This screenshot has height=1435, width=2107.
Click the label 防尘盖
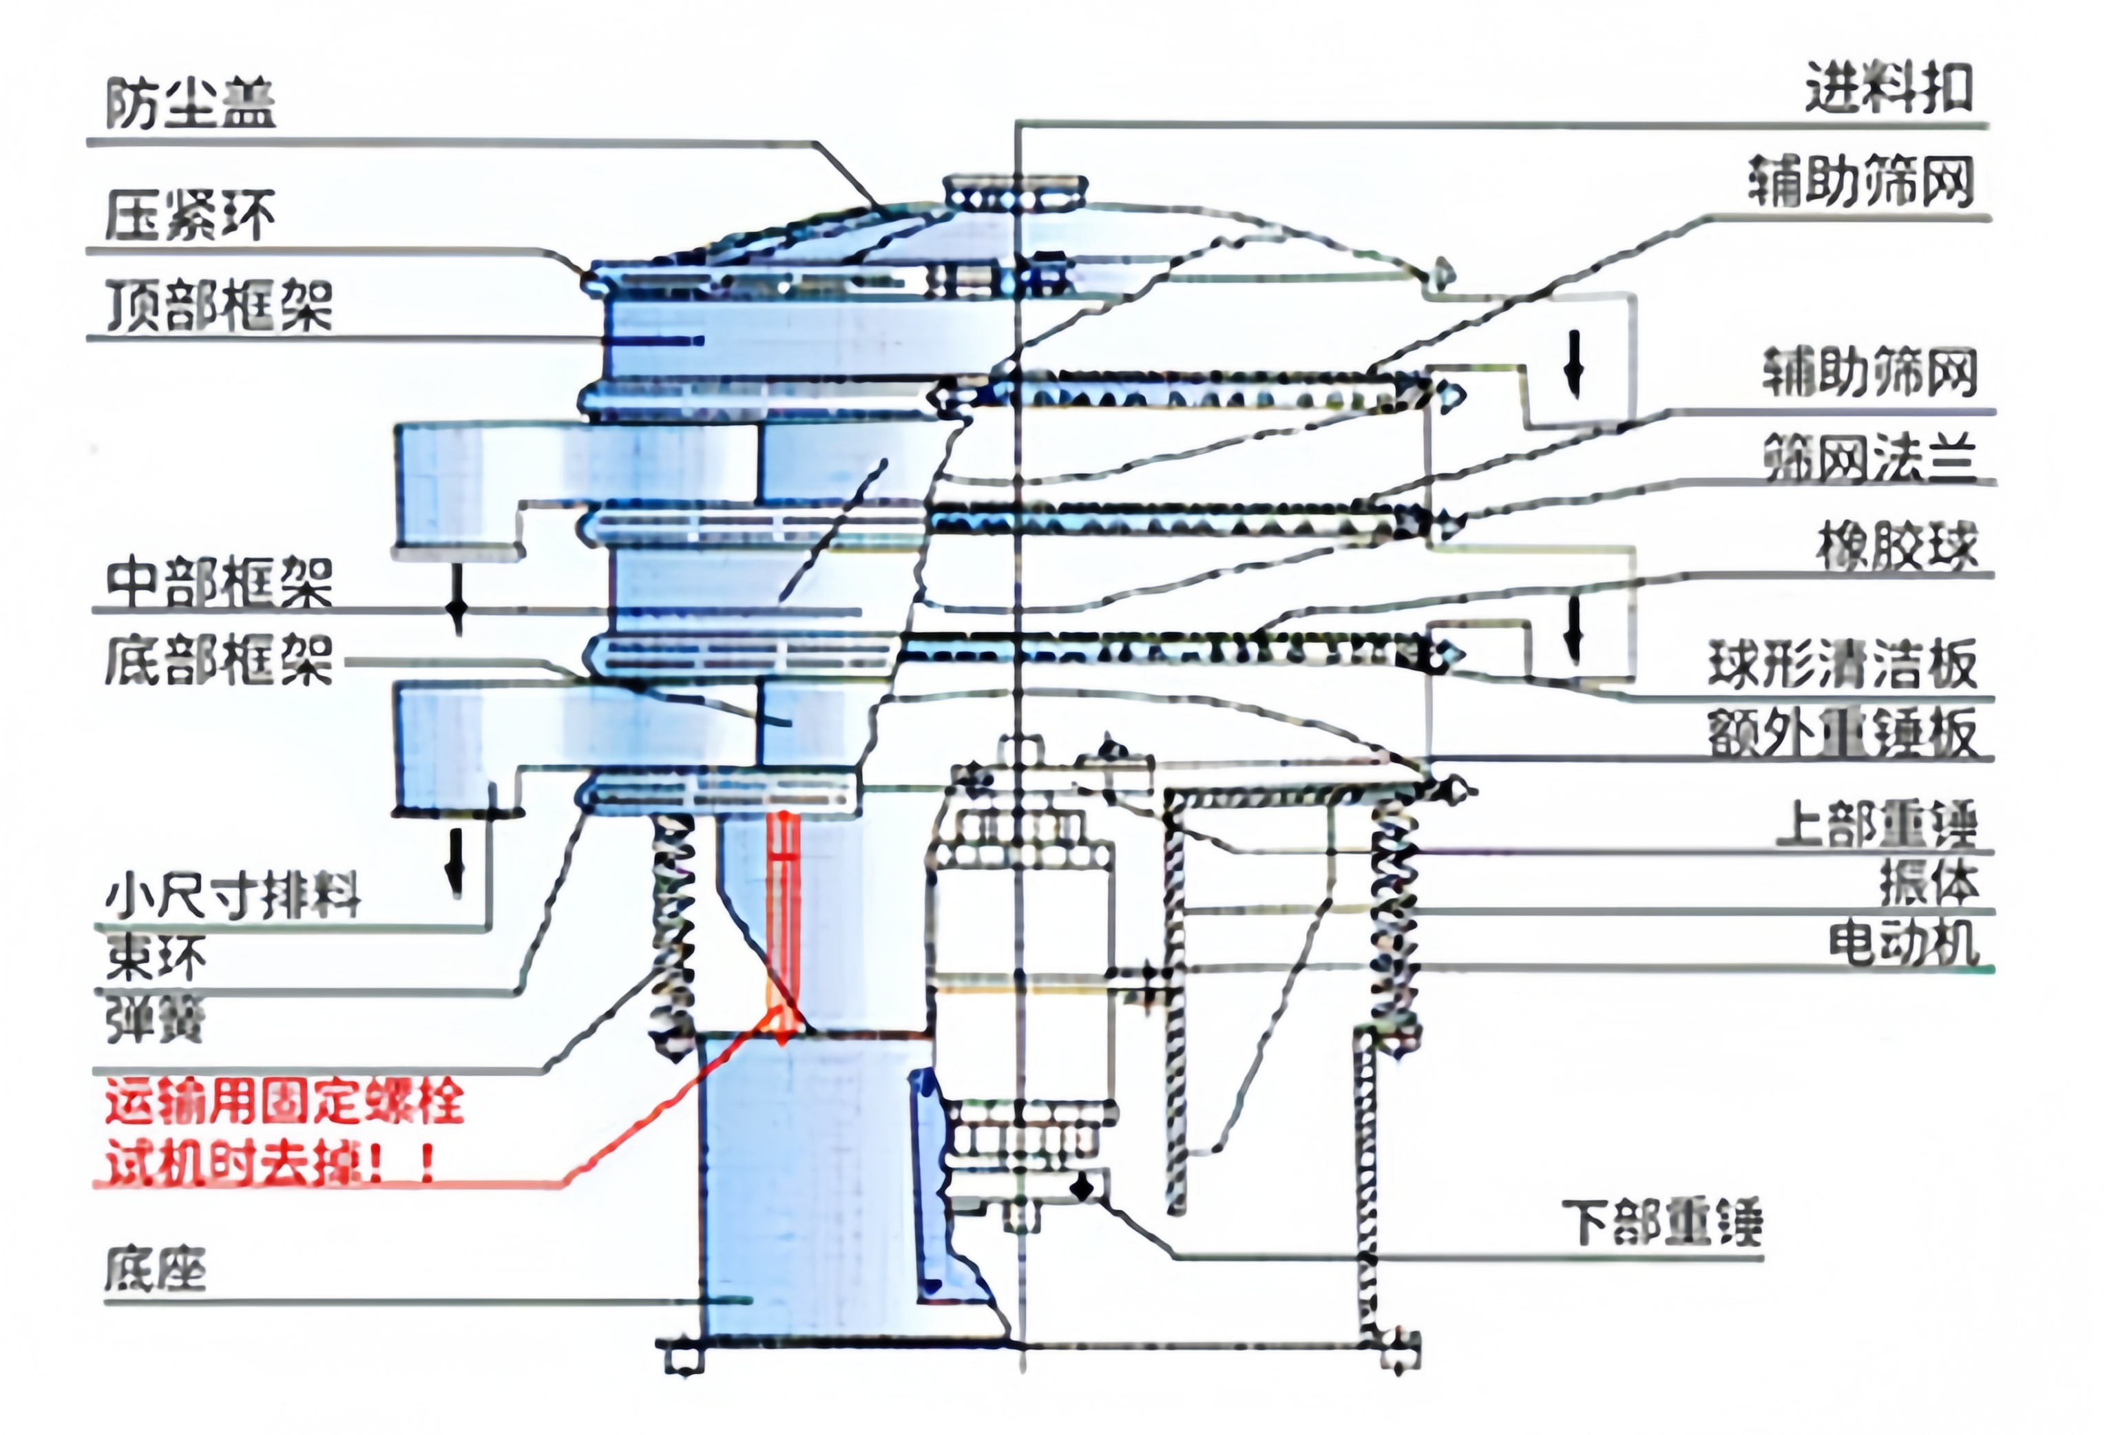click(x=191, y=103)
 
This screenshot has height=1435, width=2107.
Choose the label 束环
click(x=156, y=959)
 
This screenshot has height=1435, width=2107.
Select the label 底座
click(x=156, y=1269)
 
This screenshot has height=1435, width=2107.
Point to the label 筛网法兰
click(x=1869, y=457)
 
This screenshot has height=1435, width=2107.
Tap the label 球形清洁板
click(x=1843, y=664)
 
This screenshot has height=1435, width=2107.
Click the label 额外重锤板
click(x=1843, y=733)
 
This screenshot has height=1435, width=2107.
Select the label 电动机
click(x=1904, y=943)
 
